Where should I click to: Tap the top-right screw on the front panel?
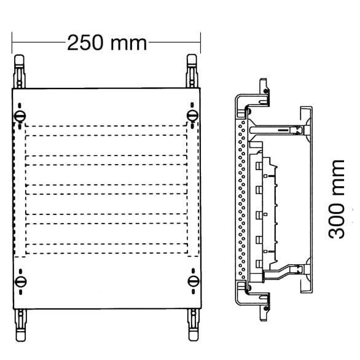point(193,115)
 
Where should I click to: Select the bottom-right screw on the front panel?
point(193,281)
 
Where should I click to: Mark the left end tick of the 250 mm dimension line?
point(12,43)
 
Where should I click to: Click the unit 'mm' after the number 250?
point(129,43)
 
